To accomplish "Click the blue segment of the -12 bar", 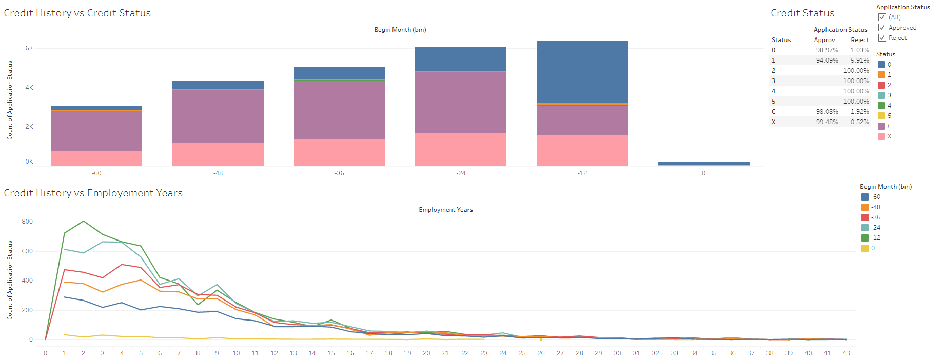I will click(x=582, y=72).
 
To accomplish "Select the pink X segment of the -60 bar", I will click(x=96, y=158).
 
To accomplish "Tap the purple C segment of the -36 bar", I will click(x=339, y=109).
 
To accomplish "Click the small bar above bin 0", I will click(x=703, y=164).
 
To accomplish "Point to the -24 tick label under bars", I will click(x=461, y=173).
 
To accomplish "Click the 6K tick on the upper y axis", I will click(x=29, y=48).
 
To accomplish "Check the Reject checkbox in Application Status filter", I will click(x=882, y=38).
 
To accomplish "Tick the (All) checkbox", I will click(x=882, y=17).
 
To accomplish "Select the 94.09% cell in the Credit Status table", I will click(x=827, y=61).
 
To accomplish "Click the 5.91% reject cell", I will click(x=859, y=61).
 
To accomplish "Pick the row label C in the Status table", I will click(x=773, y=112).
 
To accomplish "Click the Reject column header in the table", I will click(x=859, y=40).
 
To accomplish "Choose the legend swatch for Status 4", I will click(x=881, y=106).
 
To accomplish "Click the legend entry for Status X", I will click(x=889, y=136).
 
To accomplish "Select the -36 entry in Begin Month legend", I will click(x=875, y=217).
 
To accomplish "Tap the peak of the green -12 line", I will click(x=84, y=221).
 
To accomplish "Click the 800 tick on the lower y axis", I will click(x=27, y=222).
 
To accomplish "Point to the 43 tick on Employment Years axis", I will click(x=846, y=353).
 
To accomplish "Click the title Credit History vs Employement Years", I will click(x=93, y=193).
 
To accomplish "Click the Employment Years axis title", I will click(x=445, y=210).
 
